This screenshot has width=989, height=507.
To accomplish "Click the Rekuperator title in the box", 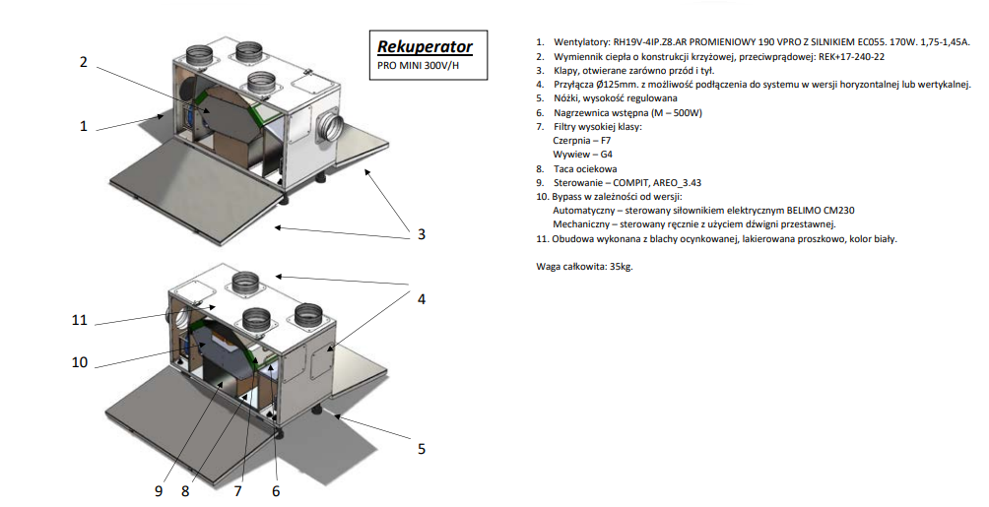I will coord(426,46).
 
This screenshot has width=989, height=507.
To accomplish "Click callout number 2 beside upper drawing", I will coord(84,61).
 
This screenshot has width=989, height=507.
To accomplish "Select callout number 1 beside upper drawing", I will coord(84,126).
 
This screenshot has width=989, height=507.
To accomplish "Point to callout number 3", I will coord(422,233).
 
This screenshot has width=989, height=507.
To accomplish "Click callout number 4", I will coord(422,299).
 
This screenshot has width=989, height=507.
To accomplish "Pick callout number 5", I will coord(422,448).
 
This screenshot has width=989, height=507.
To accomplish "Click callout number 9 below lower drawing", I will coord(159,490).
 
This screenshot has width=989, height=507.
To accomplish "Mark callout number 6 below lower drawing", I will coord(276,490).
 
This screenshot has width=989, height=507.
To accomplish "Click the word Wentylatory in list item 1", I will coord(583,43).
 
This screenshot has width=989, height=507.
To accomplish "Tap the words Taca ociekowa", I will coord(585,168).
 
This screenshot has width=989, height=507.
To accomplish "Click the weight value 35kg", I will coord(624,266).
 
